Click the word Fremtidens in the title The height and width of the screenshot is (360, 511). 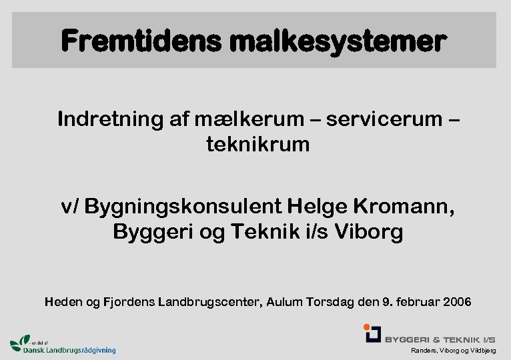click(141, 42)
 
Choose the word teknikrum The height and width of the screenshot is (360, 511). click(258, 144)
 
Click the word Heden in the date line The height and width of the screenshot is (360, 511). click(64, 302)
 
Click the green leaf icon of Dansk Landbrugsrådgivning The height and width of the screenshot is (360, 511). click(20, 341)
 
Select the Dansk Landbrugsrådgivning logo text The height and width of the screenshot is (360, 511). click(69, 349)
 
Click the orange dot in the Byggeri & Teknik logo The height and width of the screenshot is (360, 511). click(367, 327)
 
